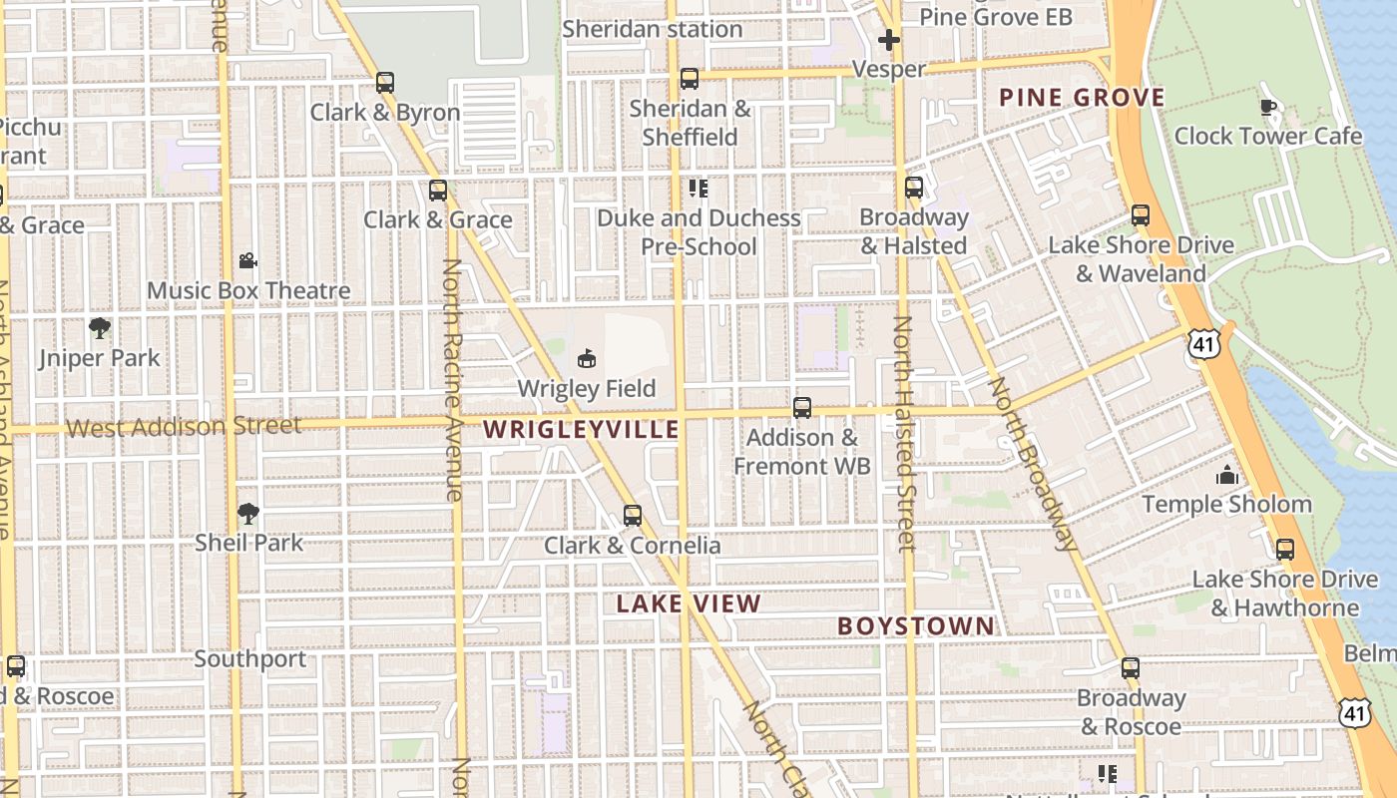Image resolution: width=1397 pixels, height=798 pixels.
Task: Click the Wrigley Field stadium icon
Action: pyautogui.click(x=586, y=357)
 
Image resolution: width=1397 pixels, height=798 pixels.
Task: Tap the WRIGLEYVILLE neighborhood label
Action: pyautogui.click(x=581, y=430)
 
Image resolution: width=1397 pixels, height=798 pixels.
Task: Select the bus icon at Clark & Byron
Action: pyautogui.click(x=385, y=83)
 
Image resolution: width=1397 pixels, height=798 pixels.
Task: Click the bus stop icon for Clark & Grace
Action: pyautogui.click(x=437, y=191)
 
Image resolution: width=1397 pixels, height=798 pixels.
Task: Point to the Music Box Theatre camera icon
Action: pyautogui.click(x=247, y=261)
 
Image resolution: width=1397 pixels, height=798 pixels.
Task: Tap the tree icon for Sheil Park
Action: pyautogui.click(x=248, y=514)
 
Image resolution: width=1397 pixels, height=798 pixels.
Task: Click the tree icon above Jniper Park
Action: pyautogui.click(x=99, y=328)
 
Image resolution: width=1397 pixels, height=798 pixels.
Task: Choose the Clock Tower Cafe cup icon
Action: pyautogui.click(x=1268, y=107)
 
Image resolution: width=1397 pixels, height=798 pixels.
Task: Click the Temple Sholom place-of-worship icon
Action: pyautogui.click(x=1226, y=475)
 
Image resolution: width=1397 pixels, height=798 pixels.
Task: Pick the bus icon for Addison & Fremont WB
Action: pyautogui.click(x=801, y=408)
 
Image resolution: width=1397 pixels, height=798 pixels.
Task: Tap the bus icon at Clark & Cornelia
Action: pyautogui.click(x=632, y=516)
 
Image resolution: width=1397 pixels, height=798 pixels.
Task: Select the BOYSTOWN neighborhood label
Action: pyautogui.click(x=916, y=626)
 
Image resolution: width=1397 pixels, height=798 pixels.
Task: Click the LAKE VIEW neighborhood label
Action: pyautogui.click(x=689, y=603)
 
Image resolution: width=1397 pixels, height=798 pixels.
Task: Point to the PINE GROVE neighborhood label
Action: pyautogui.click(x=1082, y=98)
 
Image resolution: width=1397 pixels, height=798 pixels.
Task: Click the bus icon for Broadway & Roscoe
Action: pyautogui.click(x=1130, y=668)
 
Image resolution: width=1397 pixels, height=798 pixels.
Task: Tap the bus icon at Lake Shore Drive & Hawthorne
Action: pyautogui.click(x=1285, y=550)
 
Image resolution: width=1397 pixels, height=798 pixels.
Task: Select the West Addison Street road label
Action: pyautogui.click(x=184, y=427)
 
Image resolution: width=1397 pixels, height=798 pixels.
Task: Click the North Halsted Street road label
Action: pyautogui.click(x=905, y=434)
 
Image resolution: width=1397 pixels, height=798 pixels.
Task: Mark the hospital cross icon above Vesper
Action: pyautogui.click(x=889, y=40)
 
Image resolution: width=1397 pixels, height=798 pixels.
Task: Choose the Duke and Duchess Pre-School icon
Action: pyautogui.click(x=698, y=189)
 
